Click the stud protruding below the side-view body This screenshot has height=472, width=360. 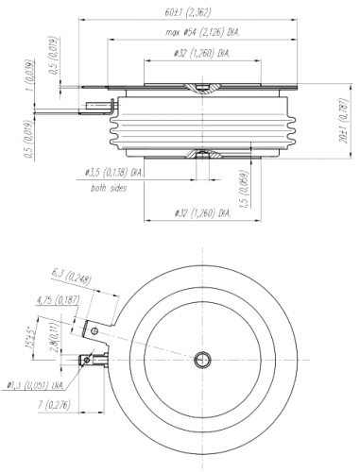201,171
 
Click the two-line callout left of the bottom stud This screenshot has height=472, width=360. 115,179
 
